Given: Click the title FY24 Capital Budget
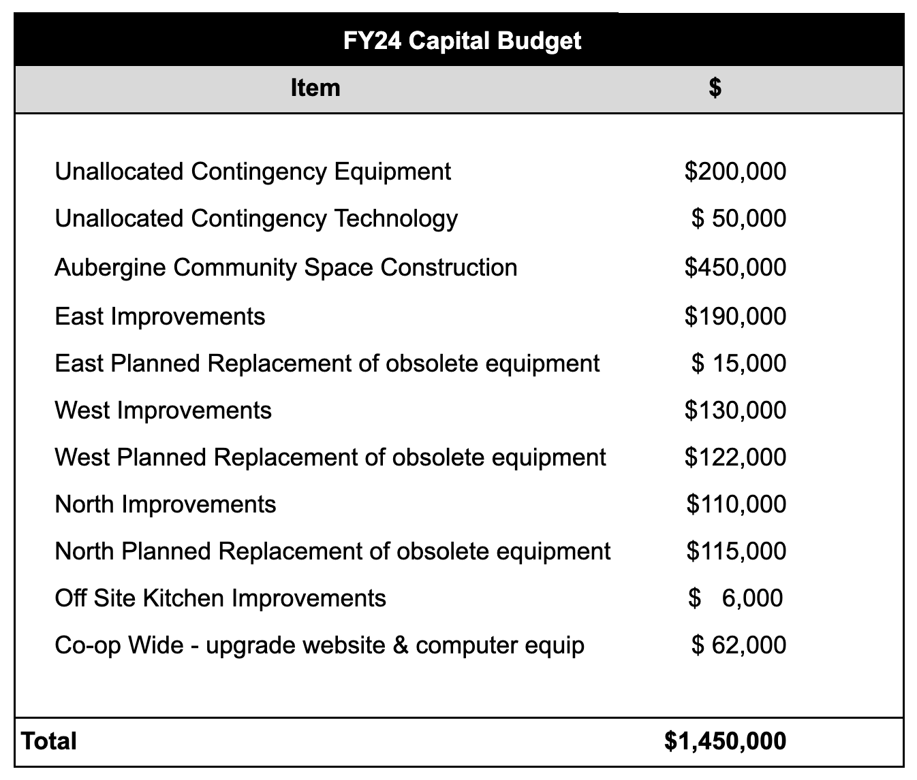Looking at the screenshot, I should (462, 41).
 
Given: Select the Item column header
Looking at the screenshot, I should (315, 88).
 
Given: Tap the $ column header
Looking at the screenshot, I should (715, 88).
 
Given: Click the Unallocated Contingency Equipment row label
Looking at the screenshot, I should (252, 172).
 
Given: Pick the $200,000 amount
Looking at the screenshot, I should (735, 172).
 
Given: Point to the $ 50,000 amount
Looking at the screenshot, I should (739, 218).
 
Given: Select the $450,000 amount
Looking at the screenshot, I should (735, 267).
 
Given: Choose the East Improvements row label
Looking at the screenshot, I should (159, 316).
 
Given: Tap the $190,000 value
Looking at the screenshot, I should (735, 316).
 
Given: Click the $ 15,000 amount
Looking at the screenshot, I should (739, 363).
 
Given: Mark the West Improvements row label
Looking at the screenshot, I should (163, 410).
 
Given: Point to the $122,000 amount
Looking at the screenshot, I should (735, 457).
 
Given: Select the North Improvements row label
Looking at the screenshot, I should (165, 504).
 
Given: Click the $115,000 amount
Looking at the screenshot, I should (736, 551).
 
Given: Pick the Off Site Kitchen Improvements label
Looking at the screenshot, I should (220, 598).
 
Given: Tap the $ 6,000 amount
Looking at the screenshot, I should (736, 598).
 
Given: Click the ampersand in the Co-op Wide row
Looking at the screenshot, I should (401, 645).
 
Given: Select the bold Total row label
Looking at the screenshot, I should (48, 741).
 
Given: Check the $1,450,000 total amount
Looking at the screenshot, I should (725, 741).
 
